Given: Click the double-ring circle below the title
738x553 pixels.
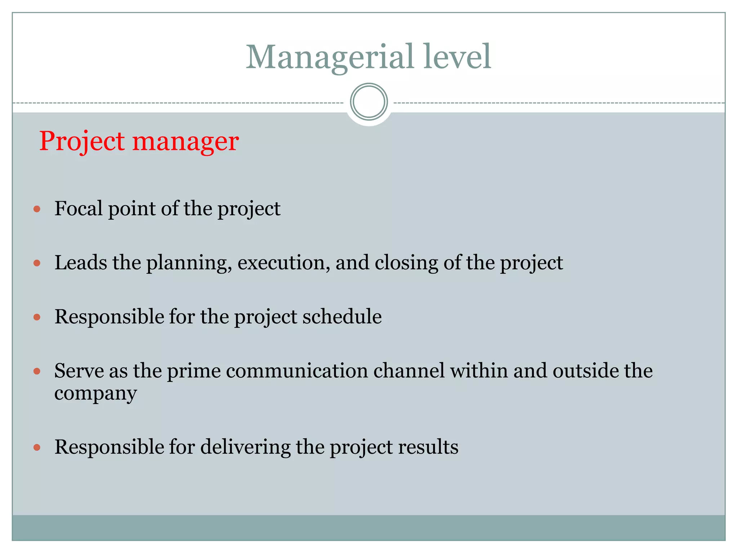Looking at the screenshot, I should [369, 102].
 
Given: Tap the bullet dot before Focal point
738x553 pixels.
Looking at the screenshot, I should [37, 209].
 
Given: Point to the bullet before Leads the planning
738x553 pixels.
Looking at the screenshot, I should [37, 263].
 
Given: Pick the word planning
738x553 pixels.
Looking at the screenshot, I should [189, 263].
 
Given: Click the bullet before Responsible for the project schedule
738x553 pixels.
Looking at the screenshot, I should [37, 317].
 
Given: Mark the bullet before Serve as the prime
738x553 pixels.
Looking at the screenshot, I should [37, 371].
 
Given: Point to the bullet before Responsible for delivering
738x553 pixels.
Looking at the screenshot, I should [37, 448].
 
